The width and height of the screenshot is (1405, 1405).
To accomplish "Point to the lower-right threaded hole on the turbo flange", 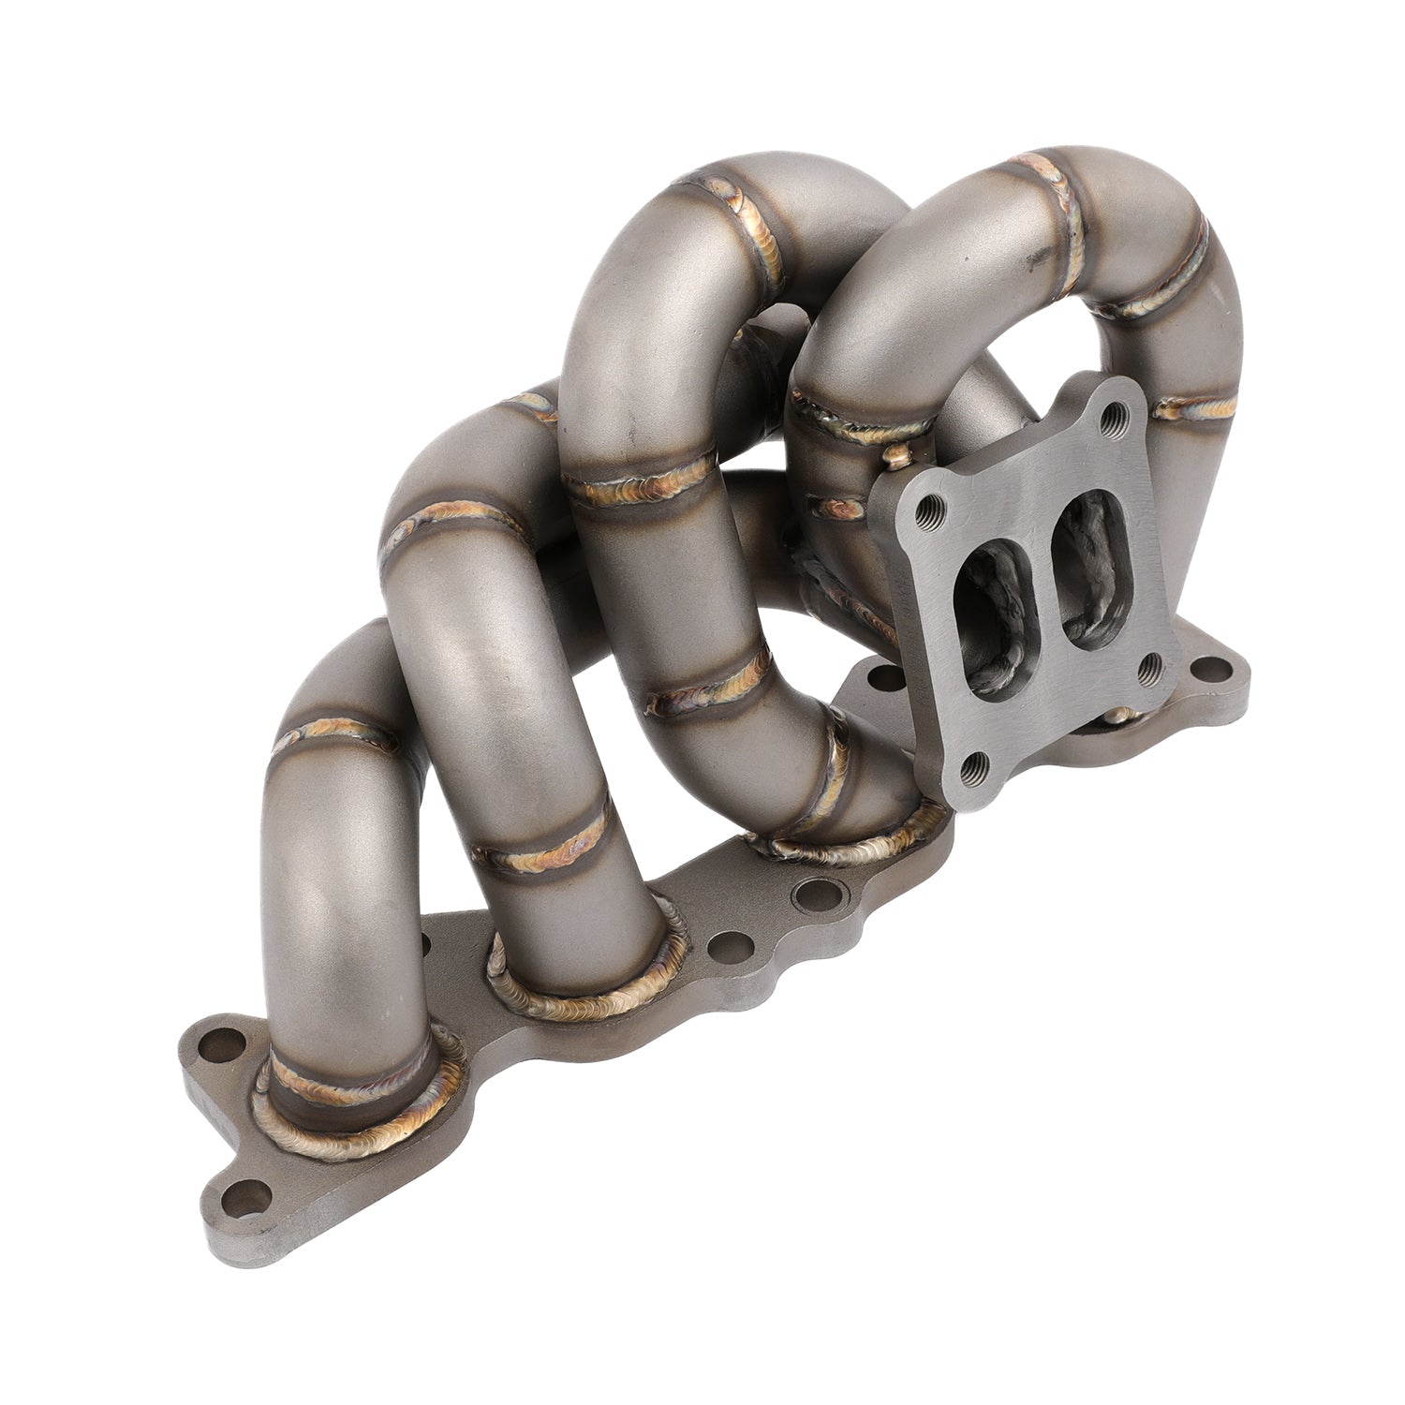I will (1149, 669).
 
